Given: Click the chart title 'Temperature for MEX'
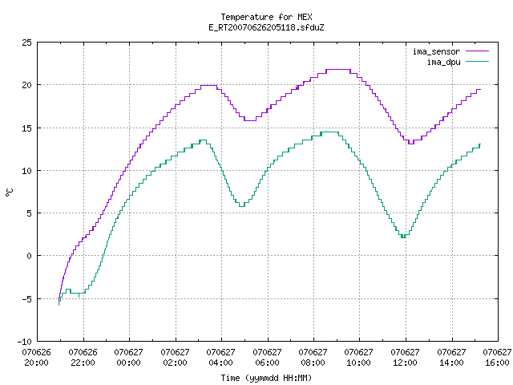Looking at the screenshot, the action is [266, 17].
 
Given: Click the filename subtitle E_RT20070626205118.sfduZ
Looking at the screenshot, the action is [266, 27].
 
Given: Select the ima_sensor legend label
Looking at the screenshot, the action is [436, 51].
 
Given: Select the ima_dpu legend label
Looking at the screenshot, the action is [443, 62].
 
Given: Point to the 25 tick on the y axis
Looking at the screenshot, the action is [26, 43].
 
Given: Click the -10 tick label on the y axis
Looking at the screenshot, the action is [25, 342].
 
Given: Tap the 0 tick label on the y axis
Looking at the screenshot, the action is [29, 256].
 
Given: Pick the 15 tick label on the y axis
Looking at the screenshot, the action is [26, 128].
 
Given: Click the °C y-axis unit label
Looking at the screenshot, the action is [9, 192].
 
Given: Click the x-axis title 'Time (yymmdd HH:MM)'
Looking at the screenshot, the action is [266, 378].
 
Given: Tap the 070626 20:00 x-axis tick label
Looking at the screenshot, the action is [37, 358].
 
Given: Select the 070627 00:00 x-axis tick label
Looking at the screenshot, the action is [128, 358].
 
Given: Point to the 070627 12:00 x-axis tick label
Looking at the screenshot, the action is [405, 358].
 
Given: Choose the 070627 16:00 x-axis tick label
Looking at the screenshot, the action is [497, 358].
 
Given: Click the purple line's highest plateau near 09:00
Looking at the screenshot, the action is [338, 70].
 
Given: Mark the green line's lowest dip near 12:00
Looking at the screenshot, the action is [403, 237].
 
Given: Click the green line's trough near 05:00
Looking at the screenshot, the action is [242, 206].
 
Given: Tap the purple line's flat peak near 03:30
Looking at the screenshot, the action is [208, 86].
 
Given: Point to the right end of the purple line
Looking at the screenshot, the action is [480, 89].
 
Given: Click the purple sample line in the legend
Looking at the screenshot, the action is [477, 51].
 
